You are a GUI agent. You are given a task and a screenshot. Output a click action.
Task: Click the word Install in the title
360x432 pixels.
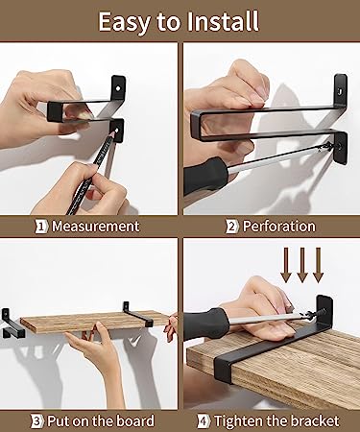(x=222, y=21)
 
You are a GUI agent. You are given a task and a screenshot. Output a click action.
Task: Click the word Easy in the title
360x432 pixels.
(x=125, y=23)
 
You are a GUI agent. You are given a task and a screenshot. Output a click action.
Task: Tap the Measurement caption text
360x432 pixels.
(x=96, y=227)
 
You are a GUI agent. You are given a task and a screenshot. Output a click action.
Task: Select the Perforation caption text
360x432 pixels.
(x=279, y=227)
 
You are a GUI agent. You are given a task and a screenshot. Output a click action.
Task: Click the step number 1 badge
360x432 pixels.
(x=40, y=227)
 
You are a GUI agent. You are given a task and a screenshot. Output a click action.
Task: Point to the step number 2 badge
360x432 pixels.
(x=231, y=227)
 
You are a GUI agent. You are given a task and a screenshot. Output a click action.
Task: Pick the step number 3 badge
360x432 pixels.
(x=37, y=421)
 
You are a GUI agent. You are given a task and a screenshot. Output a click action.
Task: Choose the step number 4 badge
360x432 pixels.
(x=204, y=421)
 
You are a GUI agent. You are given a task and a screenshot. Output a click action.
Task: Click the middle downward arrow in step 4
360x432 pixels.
(x=302, y=265)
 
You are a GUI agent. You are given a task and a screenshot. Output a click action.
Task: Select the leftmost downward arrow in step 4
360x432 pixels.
(x=286, y=265)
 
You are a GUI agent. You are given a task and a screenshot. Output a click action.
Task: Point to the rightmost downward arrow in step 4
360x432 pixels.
(x=318, y=265)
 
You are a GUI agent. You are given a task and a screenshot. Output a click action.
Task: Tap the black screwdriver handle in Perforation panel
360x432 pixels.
(x=205, y=176)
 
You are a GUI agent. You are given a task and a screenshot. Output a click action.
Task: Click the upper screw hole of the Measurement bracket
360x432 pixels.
(x=118, y=87)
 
